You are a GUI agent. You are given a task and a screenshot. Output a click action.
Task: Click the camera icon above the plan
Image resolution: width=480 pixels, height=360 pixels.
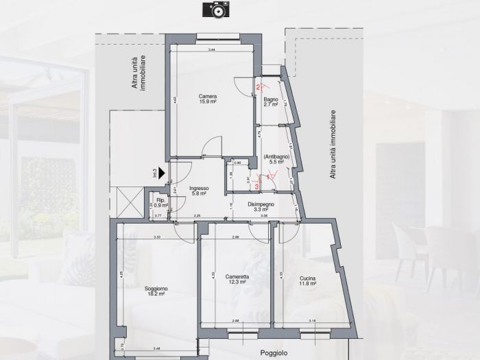(x=214, y=9)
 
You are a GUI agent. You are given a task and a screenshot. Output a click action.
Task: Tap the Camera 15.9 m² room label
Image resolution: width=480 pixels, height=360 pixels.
(x=208, y=99)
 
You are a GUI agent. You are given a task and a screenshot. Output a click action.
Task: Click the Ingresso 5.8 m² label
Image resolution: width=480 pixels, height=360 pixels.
(x=199, y=191)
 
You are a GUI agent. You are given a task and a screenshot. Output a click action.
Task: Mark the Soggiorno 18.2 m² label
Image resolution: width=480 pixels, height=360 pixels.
(x=156, y=291)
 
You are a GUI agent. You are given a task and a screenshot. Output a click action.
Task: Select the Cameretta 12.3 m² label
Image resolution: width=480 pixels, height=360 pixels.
(x=237, y=280)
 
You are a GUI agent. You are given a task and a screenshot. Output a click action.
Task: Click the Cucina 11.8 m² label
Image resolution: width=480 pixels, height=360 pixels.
(x=307, y=280)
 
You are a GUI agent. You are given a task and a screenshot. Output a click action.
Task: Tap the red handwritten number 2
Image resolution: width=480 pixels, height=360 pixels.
(x=259, y=87)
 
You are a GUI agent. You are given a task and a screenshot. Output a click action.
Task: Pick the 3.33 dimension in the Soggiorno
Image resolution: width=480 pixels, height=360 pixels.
(x=157, y=237)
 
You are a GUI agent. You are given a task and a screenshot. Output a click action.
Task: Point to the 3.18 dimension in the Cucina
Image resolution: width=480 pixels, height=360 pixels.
(x=312, y=320)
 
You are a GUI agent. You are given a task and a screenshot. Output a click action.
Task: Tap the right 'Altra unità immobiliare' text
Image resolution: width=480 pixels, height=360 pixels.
(x=333, y=145)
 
